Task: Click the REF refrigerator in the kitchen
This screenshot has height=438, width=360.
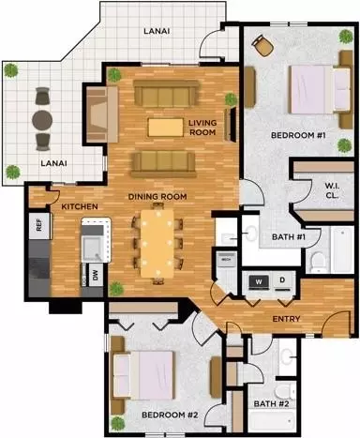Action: point(39,226)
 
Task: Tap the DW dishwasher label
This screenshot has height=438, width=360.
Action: point(96,275)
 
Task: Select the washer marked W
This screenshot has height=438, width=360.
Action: point(259,282)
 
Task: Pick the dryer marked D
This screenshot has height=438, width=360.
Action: point(282,281)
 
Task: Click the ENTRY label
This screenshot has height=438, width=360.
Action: point(286,319)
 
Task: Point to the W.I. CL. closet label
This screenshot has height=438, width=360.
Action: point(332,190)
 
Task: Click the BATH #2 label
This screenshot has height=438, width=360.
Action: point(271,403)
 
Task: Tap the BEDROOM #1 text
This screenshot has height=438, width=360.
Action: point(298,135)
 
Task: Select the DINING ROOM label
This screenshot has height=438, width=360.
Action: point(157,197)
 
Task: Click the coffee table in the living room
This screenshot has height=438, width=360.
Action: point(166,128)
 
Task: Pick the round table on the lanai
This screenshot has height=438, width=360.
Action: point(42,119)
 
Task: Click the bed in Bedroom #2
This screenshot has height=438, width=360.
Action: point(143,375)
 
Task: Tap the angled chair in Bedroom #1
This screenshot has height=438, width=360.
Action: point(262,45)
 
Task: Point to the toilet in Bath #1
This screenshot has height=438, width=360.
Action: point(318,262)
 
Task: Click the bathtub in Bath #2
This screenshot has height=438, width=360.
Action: point(273,421)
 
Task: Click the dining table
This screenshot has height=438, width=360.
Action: point(157,244)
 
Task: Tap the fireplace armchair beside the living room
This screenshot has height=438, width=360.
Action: point(102,114)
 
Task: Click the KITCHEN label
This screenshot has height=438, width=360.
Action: point(80,206)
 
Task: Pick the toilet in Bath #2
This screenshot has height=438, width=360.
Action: point(284,392)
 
